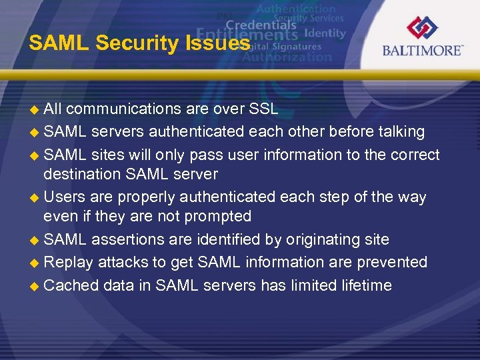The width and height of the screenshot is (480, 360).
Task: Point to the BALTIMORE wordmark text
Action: [x=423, y=51]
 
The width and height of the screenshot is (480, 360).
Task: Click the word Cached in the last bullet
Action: [x=71, y=285]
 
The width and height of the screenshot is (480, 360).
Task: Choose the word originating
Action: [x=313, y=239]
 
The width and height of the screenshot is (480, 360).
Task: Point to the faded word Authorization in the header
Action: [x=287, y=57]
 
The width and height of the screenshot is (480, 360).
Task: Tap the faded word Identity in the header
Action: [x=325, y=33]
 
